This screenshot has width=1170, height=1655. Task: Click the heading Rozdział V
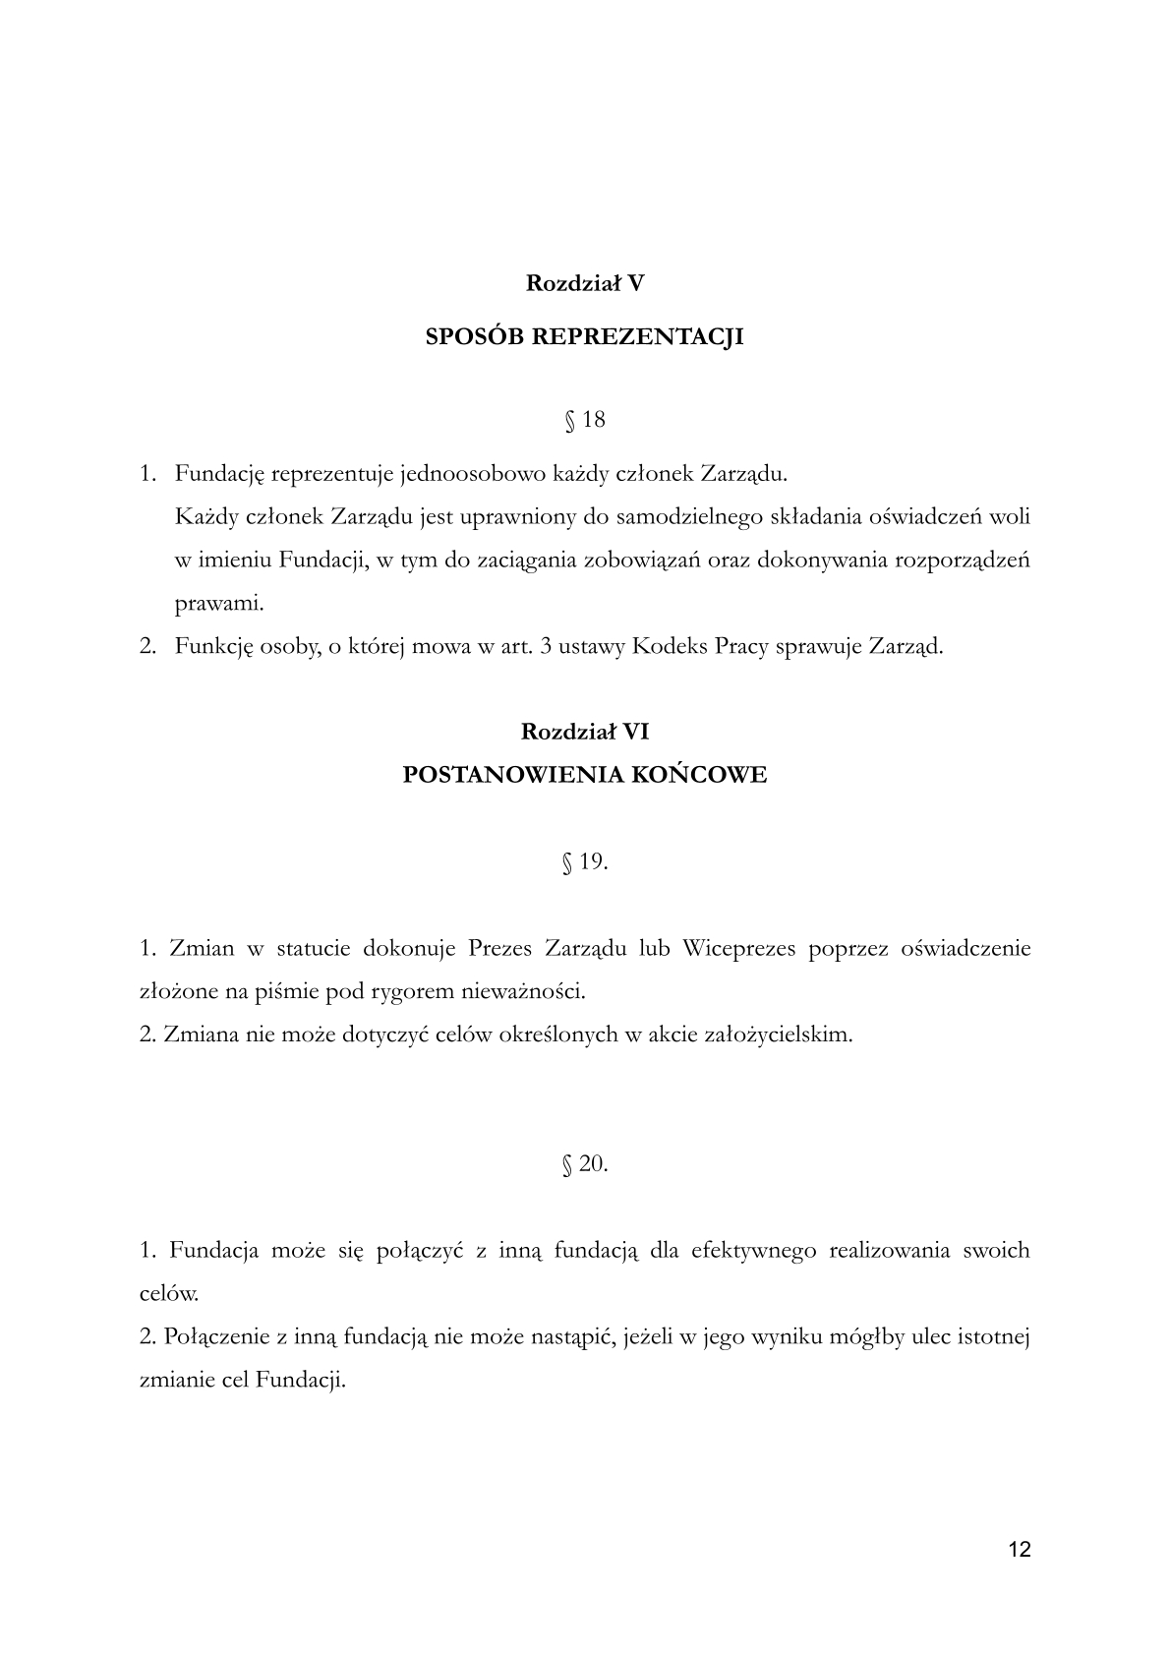tap(585, 283)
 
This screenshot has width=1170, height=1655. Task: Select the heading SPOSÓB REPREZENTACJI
tap(585, 337)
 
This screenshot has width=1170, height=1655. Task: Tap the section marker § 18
tap(585, 420)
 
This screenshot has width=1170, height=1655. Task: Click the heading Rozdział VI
tap(585, 732)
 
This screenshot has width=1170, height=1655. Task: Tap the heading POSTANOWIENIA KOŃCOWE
tap(585, 775)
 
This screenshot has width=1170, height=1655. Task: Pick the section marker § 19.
tap(585, 862)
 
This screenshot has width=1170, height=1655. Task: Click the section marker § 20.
tap(585, 1164)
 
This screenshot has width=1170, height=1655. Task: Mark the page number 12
tap(1020, 1550)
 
